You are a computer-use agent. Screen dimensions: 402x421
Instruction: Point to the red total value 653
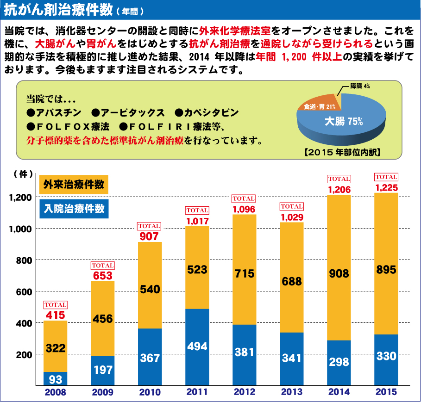coord(102,276)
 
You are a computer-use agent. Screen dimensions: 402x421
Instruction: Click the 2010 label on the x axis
coord(150,393)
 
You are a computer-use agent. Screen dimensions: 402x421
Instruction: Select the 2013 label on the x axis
coord(291,393)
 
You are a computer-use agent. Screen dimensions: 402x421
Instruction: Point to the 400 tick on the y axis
coord(25,323)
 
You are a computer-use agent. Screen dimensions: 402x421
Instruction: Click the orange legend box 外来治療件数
coord(74,184)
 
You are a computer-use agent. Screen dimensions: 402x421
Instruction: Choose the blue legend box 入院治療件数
coord(74,208)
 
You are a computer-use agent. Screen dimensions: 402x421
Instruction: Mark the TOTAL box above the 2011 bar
coord(197,210)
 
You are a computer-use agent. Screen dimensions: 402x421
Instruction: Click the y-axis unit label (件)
coord(23,174)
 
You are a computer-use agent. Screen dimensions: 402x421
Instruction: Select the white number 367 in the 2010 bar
coord(150,358)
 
